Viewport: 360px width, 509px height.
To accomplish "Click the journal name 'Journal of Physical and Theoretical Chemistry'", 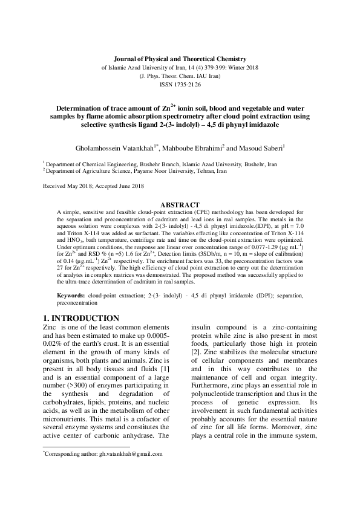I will coord(180,58).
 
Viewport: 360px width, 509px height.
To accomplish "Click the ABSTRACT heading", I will coord(180,204).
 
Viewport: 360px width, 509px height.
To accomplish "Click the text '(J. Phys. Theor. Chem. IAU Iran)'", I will coord(180,76).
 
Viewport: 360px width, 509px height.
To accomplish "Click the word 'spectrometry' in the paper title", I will coord(186,115).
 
